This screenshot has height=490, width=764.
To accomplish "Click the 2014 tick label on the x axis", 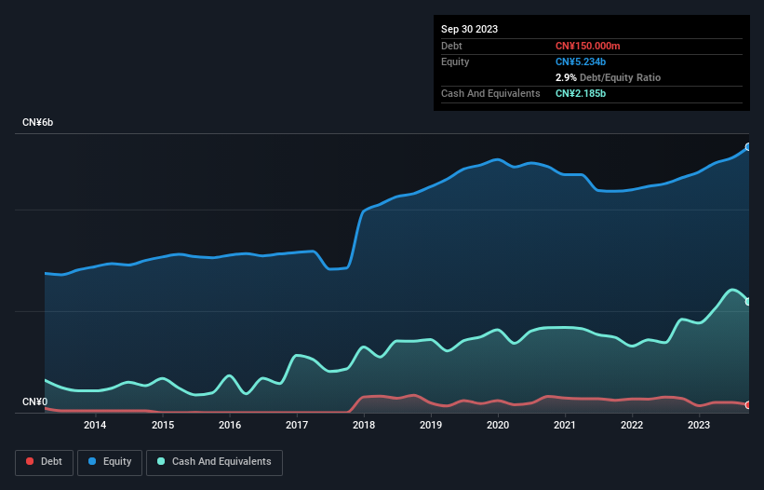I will pos(95,426).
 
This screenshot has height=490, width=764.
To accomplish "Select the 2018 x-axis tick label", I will pos(364,426).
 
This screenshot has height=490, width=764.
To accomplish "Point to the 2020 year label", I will pos(498,426).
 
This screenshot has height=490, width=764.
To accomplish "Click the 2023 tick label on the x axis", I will pos(699,426).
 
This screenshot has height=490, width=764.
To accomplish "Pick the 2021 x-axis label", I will pos(565,426).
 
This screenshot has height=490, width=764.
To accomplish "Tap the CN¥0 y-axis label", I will pos(34,402).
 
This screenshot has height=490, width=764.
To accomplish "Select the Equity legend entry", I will pos(110,462).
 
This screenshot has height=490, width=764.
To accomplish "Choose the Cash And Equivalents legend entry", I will pos(214,462).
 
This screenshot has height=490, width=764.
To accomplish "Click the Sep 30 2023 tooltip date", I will pos(469,29).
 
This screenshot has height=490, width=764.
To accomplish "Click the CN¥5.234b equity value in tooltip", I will pos(582,61).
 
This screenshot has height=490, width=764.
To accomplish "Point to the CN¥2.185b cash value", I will pos(582,93).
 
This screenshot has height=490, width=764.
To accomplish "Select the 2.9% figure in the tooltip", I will pos(565,77).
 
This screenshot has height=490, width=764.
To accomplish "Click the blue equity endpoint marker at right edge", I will pos(748,147).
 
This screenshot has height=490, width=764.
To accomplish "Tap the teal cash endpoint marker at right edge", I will pos(748,302).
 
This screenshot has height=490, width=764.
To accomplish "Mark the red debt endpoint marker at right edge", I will pos(748,405).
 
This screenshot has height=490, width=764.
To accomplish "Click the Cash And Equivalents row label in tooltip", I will pos(490,93).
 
